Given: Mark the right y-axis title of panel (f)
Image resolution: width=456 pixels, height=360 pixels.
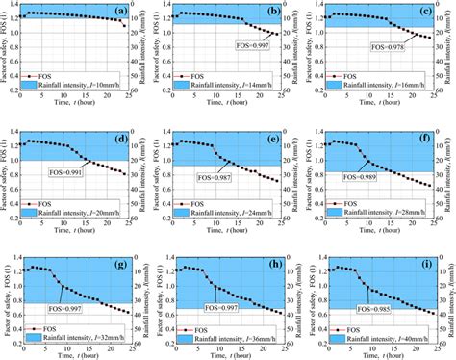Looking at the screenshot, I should click(x=450, y=170).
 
